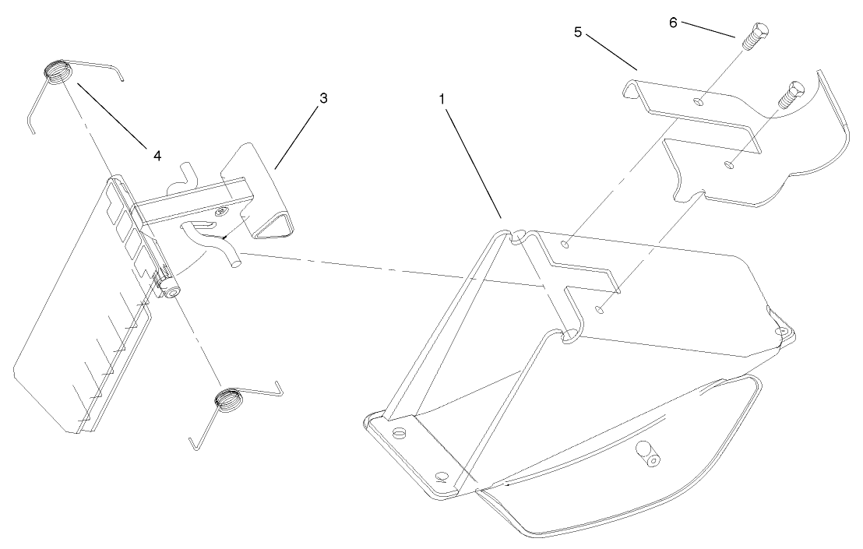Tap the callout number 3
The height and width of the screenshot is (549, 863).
(x=323, y=99)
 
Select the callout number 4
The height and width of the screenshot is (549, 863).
(x=157, y=156)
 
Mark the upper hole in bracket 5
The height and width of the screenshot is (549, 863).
(x=701, y=100)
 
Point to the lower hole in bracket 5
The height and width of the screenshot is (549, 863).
(x=727, y=164)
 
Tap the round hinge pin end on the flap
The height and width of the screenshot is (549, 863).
(x=169, y=290)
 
